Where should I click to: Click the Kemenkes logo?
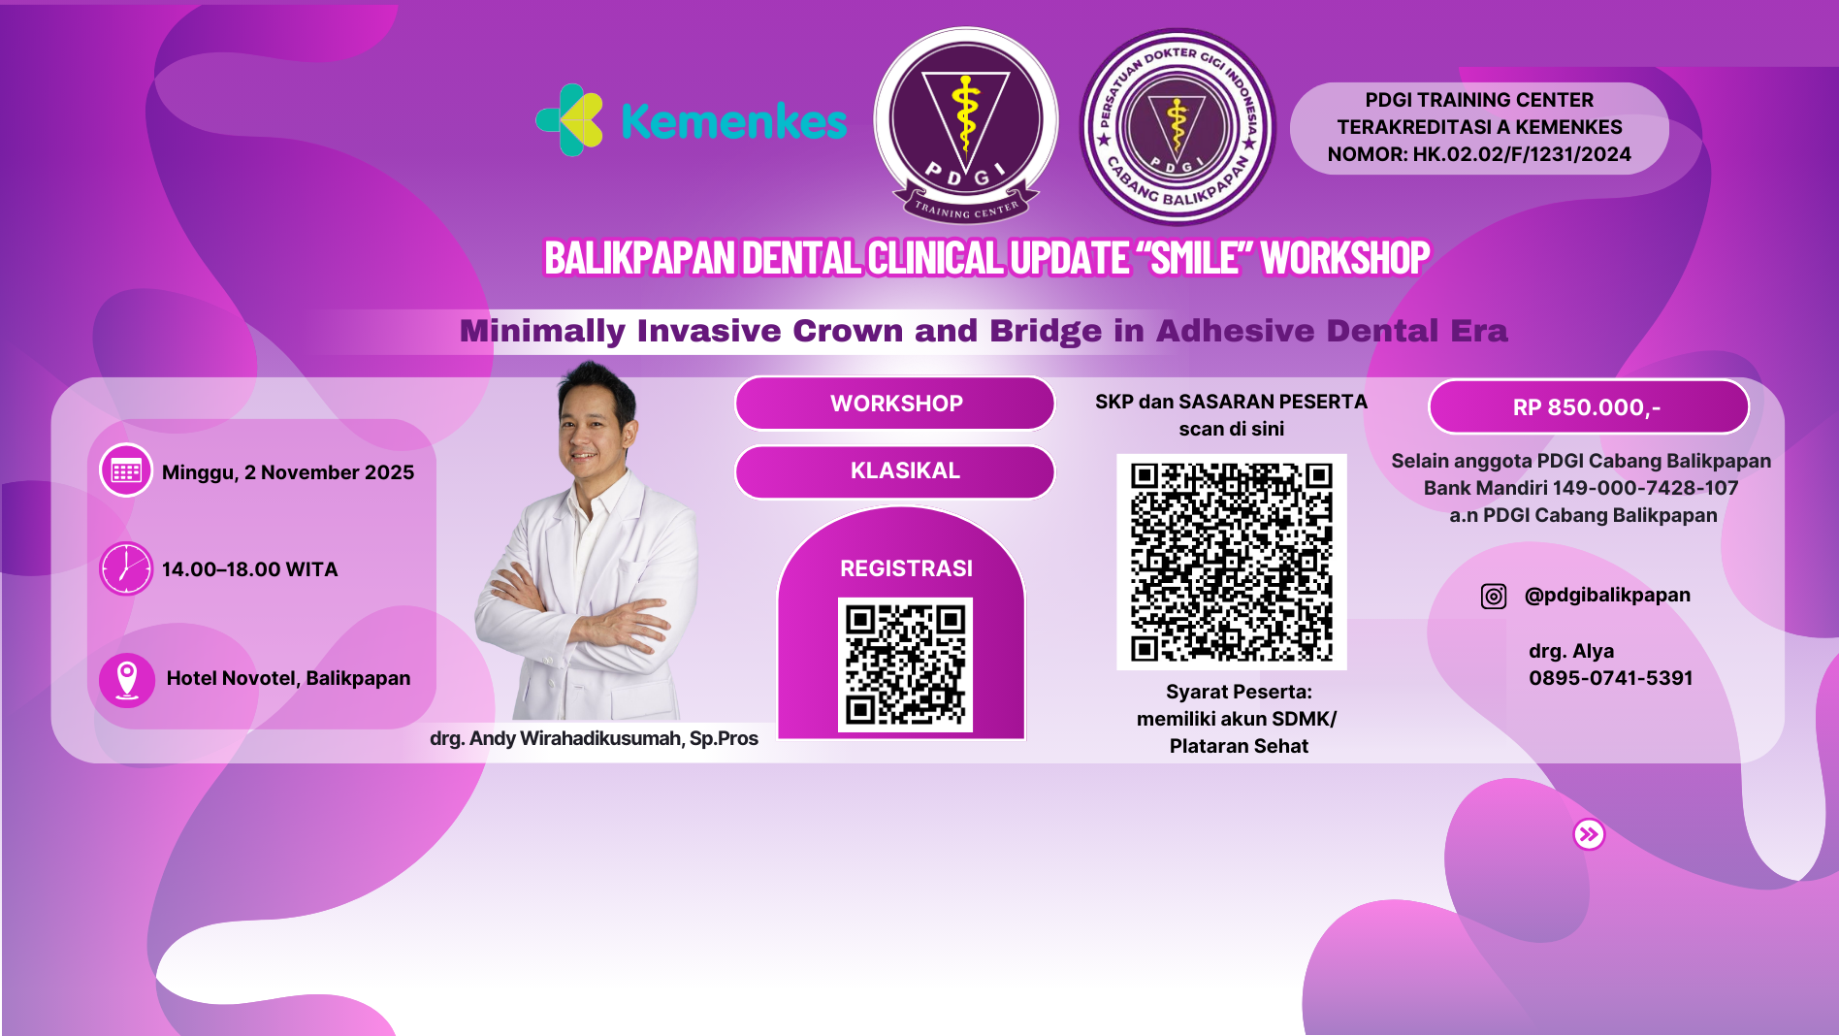tap(692, 120)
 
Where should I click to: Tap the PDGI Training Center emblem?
tap(966, 124)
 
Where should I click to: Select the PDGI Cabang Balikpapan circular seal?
tap(1178, 126)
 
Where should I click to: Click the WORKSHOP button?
tap(895, 404)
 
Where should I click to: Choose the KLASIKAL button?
tap(895, 471)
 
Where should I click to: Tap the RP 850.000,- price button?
tap(1588, 407)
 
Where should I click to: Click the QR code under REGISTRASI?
tap(905, 664)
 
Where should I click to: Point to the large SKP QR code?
tap(1231, 562)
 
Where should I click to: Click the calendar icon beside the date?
tap(126, 471)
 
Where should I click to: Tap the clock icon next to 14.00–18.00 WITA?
tap(126, 568)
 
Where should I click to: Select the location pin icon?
tap(127, 679)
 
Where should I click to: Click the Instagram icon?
tap(1494, 596)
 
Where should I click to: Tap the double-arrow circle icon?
tap(1589, 834)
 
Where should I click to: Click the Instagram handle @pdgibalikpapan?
tap(1607, 595)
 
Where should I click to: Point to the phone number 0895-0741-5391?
tap(1610, 678)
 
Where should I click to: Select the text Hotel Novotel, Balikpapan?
tap(288, 678)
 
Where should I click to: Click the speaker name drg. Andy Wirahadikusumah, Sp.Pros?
tap(594, 738)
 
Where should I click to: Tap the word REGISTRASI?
tap(906, 568)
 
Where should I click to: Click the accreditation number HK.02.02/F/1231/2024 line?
tap(1479, 154)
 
